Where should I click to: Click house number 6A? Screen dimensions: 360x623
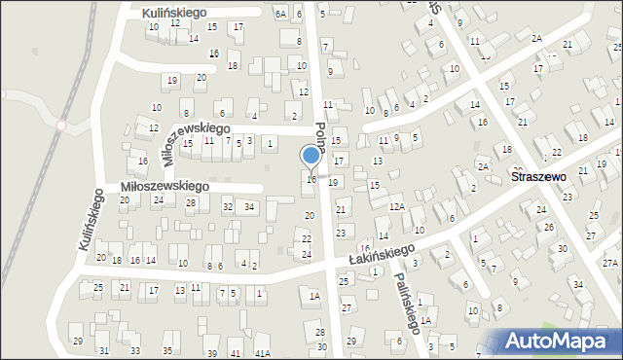click(280, 14)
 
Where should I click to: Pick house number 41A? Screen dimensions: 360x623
click(263, 353)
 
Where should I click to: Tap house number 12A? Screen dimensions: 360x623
click(396, 206)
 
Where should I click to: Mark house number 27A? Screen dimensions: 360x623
click(610, 263)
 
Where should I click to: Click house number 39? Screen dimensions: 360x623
click(211, 352)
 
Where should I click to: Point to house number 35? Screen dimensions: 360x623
click(167, 349)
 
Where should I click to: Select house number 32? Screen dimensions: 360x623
click(228, 206)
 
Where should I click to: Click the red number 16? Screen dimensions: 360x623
click(364, 249)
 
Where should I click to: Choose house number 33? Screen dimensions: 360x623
click(135, 350)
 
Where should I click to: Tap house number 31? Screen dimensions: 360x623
click(104, 350)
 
